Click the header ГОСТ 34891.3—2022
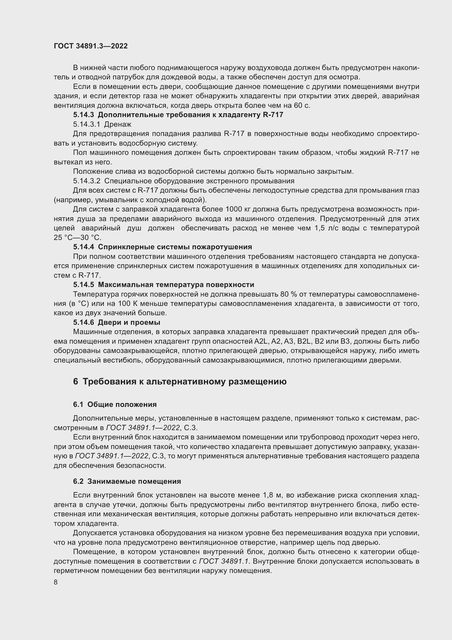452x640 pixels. coord(91,46)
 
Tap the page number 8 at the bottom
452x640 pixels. coord(56,582)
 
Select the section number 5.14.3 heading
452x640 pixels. coord(84,115)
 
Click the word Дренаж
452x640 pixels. coord(118,124)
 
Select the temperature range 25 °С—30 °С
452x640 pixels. coord(78,238)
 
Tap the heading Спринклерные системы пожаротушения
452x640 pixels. coord(175,247)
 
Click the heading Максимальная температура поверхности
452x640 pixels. coord(176,285)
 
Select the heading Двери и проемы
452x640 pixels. coord(129,323)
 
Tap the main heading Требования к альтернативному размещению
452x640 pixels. coord(184,381)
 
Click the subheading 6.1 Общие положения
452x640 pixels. coord(115,404)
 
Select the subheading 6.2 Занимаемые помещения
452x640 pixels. coord(127,481)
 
